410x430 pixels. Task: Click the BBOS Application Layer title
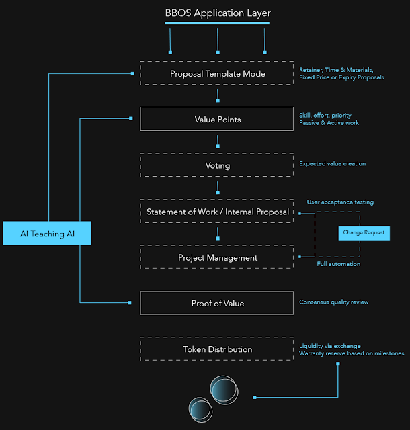218,13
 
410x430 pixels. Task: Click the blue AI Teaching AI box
47,233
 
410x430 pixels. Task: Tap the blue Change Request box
364,233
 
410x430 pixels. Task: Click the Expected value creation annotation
332,163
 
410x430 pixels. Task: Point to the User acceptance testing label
340,202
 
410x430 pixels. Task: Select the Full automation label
339,264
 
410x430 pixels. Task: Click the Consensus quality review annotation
333,302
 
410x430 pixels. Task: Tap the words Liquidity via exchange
330,346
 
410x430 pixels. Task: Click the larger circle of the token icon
210,390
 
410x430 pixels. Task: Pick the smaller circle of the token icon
189,410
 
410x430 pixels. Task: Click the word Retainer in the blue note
311,70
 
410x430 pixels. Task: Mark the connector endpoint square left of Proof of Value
130,303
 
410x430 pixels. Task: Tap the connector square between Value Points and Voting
218,146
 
